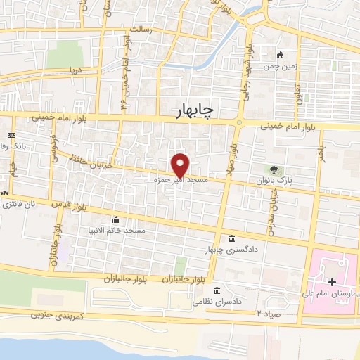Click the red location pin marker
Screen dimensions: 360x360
(181, 165)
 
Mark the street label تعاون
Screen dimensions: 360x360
(308, 91)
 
